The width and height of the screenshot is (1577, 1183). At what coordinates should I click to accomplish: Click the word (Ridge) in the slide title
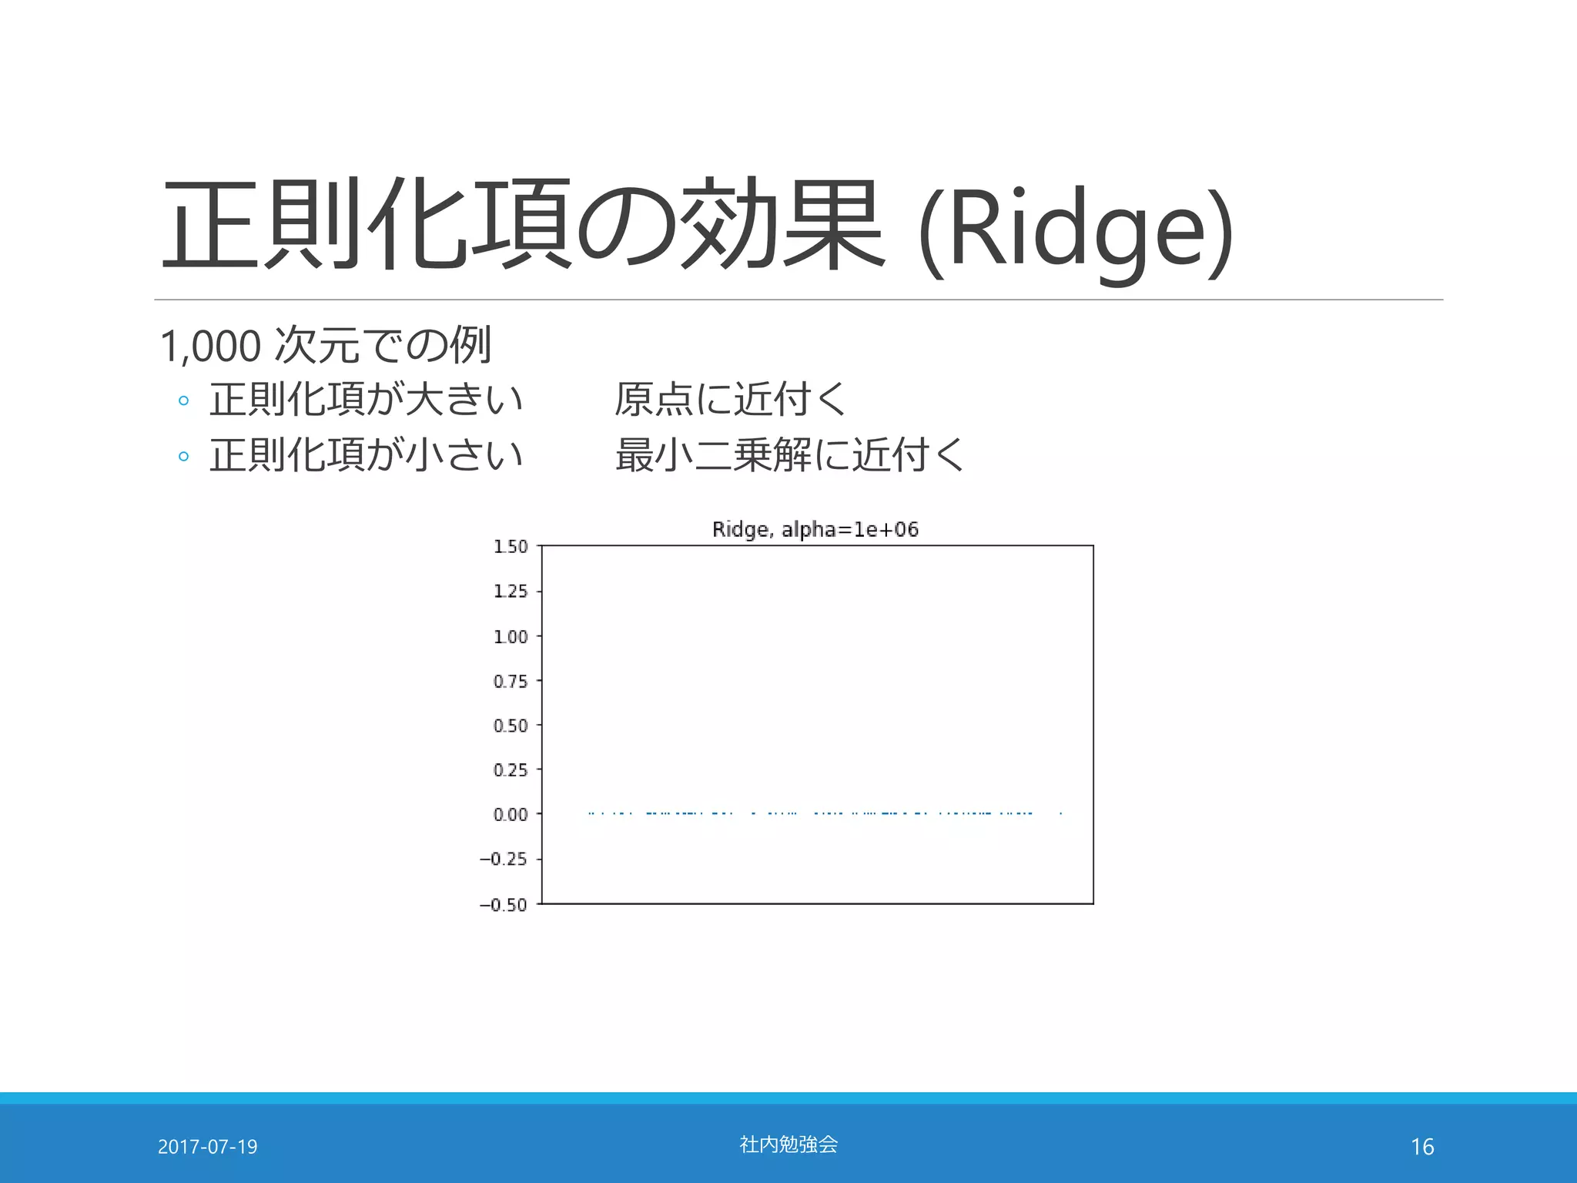pyautogui.click(x=1076, y=230)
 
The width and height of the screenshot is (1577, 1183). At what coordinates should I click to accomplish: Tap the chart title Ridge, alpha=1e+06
pyautogui.click(x=815, y=529)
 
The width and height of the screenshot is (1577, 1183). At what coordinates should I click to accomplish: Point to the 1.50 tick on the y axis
pyautogui.click(x=511, y=547)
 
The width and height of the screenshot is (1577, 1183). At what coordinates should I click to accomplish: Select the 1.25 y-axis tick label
pyautogui.click(x=511, y=591)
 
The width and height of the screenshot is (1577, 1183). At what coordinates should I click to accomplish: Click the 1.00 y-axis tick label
pyautogui.click(x=511, y=637)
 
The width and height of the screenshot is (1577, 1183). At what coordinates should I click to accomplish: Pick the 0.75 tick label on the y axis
pyautogui.click(x=511, y=682)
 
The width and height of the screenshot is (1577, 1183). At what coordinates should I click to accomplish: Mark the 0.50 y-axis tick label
pyautogui.click(x=511, y=726)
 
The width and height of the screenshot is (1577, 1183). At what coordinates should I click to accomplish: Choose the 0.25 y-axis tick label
pyautogui.click(x=511, y=770)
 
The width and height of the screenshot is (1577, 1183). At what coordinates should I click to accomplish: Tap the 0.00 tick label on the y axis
pyautogui.click(x=511, y=815)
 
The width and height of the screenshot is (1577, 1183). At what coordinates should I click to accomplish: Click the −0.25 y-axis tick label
pyautogui.click(x=504, y=859)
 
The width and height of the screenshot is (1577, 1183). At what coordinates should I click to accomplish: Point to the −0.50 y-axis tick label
pyautogui.click(x=504, y=904)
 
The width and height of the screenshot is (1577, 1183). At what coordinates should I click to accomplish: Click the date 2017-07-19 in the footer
pyautogui.click(x=207, y=1147)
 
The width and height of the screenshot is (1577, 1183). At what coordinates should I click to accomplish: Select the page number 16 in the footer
pyautogui.click(x=1422, y=1147)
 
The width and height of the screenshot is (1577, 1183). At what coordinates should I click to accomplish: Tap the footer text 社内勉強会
pyautogui.click(x=788, y=1144)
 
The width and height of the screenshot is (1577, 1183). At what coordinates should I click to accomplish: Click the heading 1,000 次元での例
pyautogui.click(x=325, y=345)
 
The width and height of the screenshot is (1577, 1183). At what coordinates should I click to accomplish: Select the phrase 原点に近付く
pyautogui.click(x=731, y=399)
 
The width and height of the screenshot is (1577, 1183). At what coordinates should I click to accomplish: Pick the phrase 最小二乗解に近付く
pyautogui.click(x=789, y=454)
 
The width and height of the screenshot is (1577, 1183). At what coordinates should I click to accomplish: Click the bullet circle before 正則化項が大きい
pyautogui.click(x=183, y=400)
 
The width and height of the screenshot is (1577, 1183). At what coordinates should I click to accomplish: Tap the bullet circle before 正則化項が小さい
pyautogui.click(x=183, y=456)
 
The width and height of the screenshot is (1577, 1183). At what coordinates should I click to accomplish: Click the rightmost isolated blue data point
pyautogui.click(x=1061, y=813)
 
